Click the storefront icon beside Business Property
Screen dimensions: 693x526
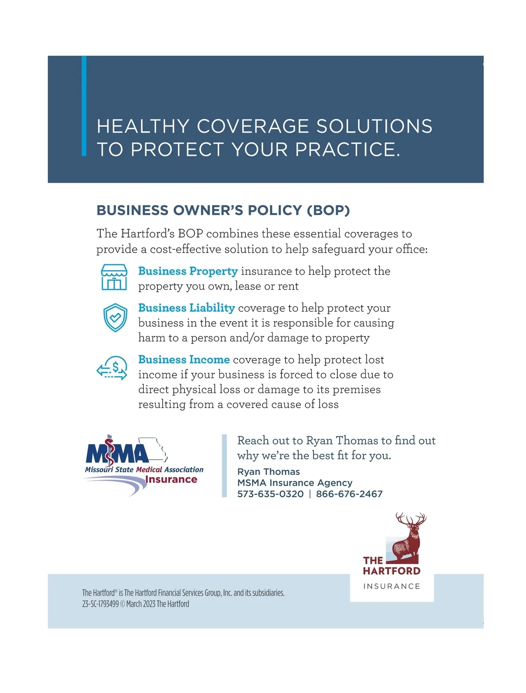tap(114, 277)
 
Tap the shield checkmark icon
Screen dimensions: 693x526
tap(115, 318)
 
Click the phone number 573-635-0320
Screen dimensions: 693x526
tap(270, 494)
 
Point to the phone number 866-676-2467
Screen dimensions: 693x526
tap(349, 494)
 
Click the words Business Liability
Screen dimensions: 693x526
tap(187, 308)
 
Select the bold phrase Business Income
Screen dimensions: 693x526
tap(184, 360)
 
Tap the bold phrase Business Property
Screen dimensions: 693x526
tap(188, 271)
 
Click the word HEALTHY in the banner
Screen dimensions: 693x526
tap(143, 127)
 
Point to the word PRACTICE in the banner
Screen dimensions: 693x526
tap(347, 150)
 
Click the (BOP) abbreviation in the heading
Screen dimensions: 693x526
tap(328, 210)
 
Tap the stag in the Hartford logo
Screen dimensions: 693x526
tap(409, 537)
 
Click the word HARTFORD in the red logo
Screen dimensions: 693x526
tap(391, 571)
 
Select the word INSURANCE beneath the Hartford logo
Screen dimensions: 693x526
tap(391, 586)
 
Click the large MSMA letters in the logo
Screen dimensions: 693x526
tap(117, 453)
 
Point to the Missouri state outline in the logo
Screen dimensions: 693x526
tap(154, 449)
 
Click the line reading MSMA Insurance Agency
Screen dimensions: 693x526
tap(295, 483)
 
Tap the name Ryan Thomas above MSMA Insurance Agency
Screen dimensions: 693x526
tap(269, 472)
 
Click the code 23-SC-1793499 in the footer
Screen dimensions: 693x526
tap(100, 604)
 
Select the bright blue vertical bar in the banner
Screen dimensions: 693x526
tap(84, 106)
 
